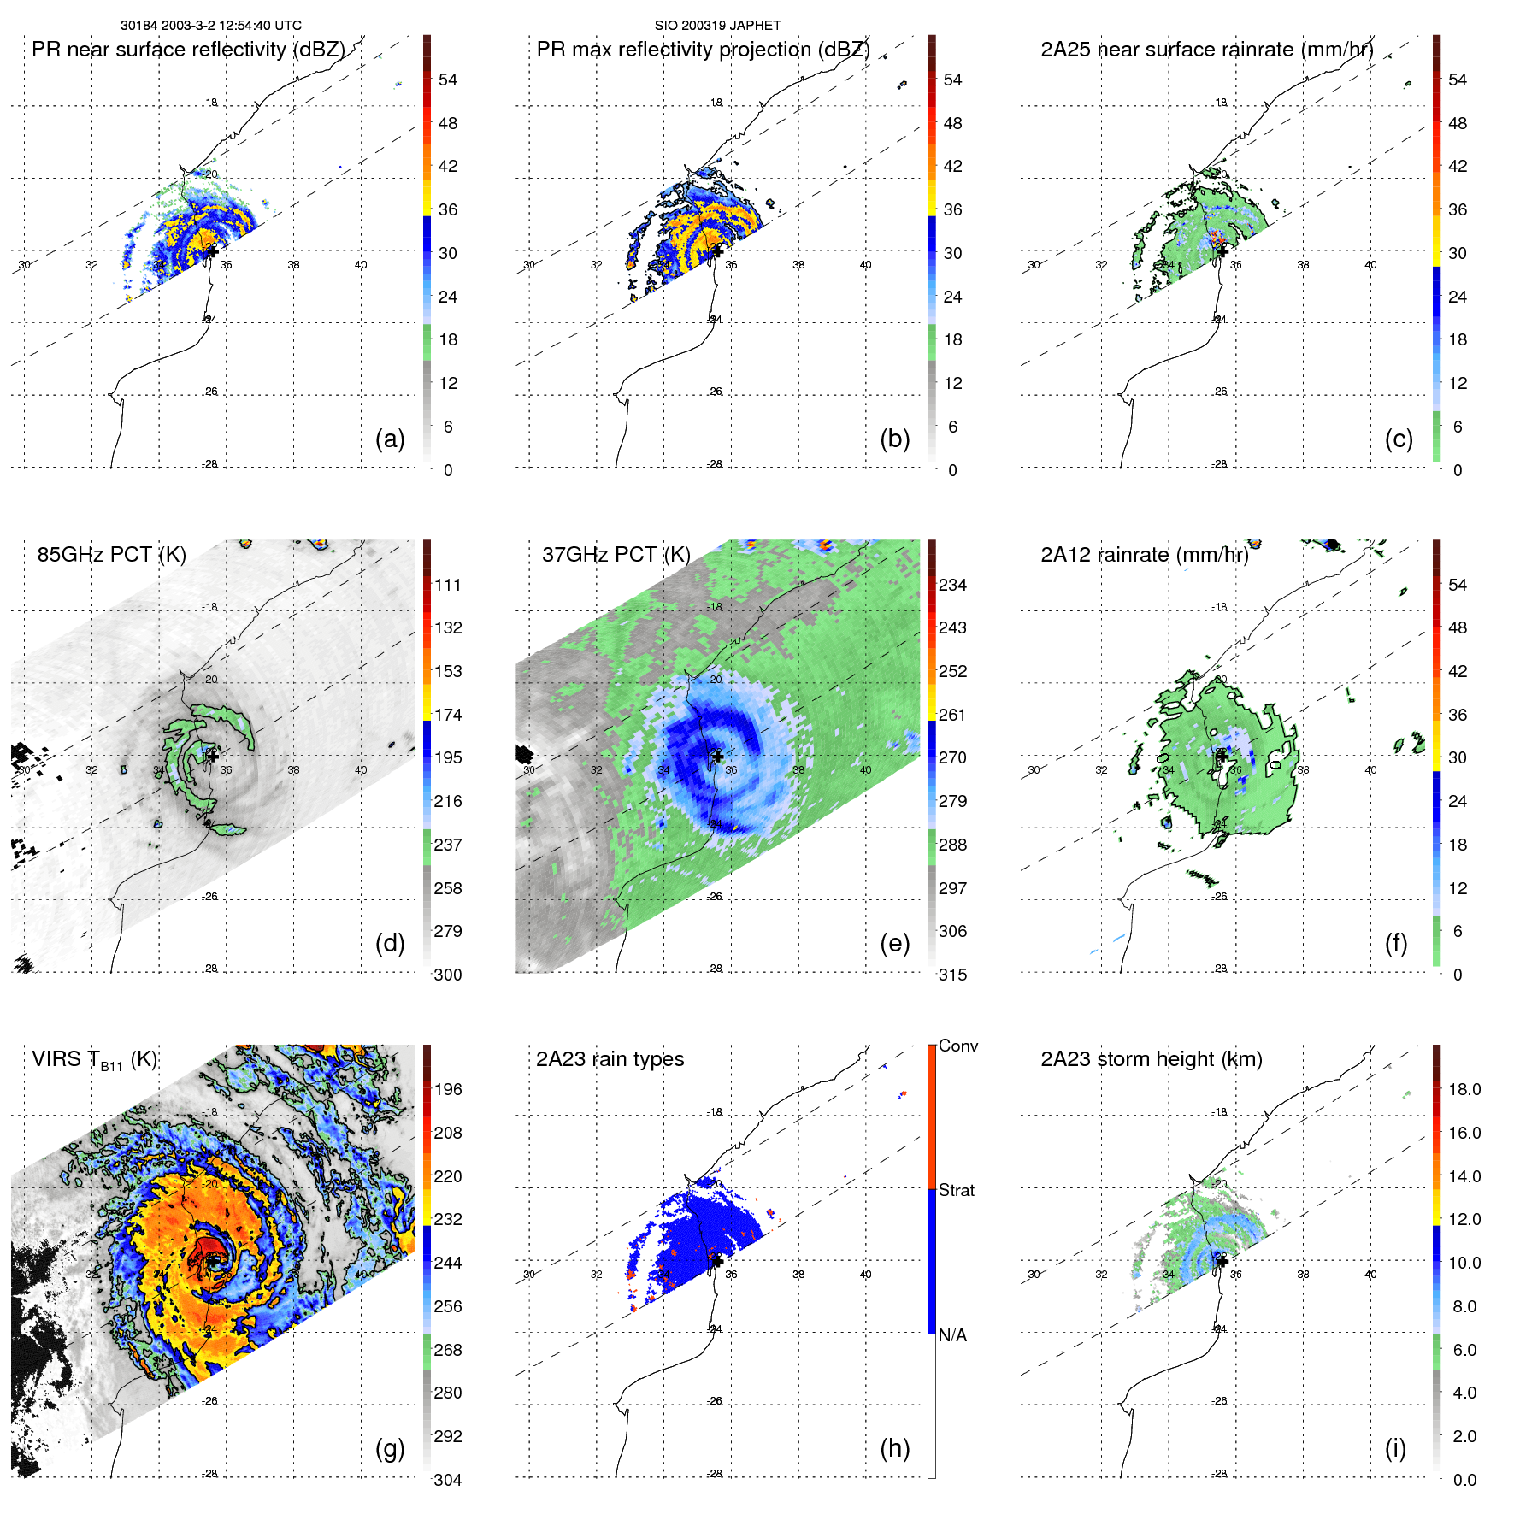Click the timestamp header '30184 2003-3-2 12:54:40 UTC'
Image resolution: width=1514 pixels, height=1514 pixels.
[x=210, y=26]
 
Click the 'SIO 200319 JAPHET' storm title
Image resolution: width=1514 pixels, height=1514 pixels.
[x=717, y=26]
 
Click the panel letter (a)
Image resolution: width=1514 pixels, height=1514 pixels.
[x=390, y=439]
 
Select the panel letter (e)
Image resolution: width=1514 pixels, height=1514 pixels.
[x=894, y=943]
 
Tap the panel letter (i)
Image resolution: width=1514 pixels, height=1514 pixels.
[x=1395, y=1448]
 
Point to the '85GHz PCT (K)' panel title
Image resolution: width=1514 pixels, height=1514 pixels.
[x=111, y=555]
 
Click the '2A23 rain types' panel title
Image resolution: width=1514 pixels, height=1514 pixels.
[x=610, y=1059]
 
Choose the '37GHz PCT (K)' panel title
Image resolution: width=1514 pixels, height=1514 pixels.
[x=616, y=555]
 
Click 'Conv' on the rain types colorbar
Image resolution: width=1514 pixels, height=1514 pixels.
[x=957, y=1046]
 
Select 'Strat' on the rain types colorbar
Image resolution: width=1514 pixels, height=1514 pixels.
[x=956, y=1190]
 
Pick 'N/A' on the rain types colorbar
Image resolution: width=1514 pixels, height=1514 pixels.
[x=952, y=1335]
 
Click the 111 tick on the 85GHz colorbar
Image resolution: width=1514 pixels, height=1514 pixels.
[x=448, y=585]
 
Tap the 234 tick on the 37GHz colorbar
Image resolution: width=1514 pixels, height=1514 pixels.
[x=952, y=585]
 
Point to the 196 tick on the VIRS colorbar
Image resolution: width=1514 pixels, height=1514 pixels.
[x=448, y=1089]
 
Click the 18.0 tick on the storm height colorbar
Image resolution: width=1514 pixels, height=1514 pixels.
[x=1464, y=1089]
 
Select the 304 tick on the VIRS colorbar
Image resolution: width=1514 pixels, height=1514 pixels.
[x=448, y=1480]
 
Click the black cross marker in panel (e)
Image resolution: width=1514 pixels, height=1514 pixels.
[x=717, y=757]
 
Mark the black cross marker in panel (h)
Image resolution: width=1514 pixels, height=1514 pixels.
[x=717, y=1261]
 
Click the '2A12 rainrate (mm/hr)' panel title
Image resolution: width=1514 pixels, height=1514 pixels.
[x=1144, y=555]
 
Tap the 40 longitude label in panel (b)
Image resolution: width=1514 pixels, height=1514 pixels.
[x=865, y=265]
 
